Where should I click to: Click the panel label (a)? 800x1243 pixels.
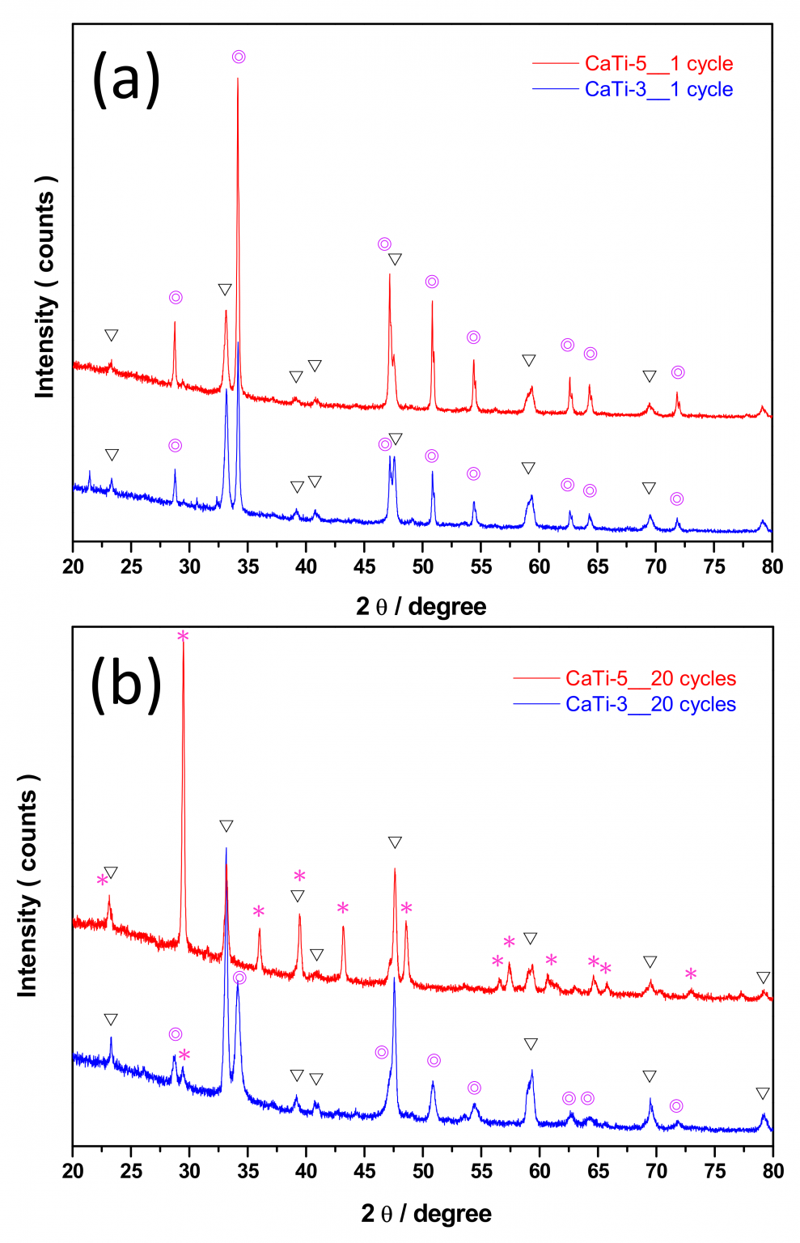point(126,79)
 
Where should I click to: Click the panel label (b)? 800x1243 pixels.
point(126,685)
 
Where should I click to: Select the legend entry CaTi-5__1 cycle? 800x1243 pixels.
point(658,63)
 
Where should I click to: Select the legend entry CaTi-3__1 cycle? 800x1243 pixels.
point(658,89)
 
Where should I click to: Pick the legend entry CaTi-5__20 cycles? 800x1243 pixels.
point(650,678)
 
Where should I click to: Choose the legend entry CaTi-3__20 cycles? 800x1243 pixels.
point(650,704)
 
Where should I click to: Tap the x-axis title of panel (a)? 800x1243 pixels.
point(421,606)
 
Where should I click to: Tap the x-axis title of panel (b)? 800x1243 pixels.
point(425,1213)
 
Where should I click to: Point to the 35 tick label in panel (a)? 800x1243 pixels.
point(248,566)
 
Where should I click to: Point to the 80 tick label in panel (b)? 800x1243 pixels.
point(772,1172)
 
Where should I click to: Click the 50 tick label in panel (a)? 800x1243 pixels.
point(422,566)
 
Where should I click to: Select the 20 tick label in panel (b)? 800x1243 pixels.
point(73,1172)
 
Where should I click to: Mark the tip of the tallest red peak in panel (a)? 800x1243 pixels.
point(238,78)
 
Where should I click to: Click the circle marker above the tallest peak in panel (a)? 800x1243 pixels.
point(239,57)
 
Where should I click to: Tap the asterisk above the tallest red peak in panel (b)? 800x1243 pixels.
point(183,637)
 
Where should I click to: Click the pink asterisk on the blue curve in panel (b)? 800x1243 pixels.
point(184,1055)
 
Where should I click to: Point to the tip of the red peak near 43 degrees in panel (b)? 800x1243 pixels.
point(343,927)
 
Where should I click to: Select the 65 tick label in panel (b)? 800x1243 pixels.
point(597,1172)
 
